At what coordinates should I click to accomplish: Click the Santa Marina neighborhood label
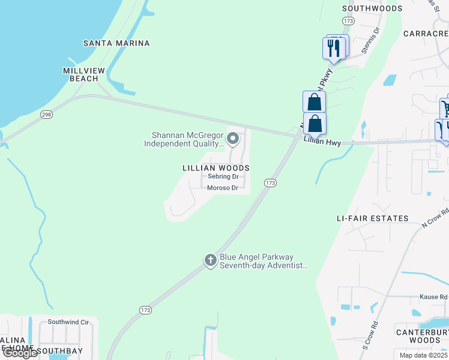(x=116, y=43)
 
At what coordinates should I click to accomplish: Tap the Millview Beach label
(x=84, y=74)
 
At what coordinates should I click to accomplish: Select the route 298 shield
(x=47, y=114)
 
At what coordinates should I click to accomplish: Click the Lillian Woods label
(x=215, y=169)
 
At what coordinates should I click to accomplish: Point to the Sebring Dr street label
(x=223, y=177)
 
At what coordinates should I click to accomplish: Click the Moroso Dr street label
(x=223, y=188)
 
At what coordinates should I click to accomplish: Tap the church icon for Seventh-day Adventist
(x=210, y=260)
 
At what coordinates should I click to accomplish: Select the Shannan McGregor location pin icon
(x=234, y=139)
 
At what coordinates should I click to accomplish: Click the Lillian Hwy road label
(x=322, y=141)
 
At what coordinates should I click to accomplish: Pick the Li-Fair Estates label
(x=372, y=218)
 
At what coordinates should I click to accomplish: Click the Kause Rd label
(x=433, y=296)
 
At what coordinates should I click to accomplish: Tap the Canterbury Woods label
(x=421, y=336)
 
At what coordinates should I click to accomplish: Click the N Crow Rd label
(x=435, y=218)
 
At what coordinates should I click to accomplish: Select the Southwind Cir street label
(x=68, y=322)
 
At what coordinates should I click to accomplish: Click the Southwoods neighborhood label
(x=372, y=8)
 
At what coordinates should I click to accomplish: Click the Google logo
(x=20, y=353)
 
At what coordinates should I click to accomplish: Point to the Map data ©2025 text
(x=424, y=355)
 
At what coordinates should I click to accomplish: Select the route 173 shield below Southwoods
(x=348, y=21)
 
